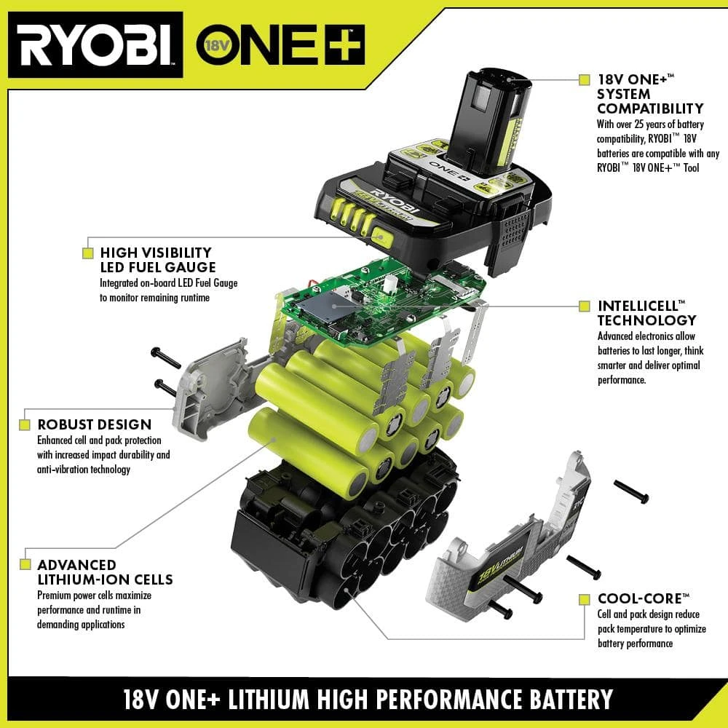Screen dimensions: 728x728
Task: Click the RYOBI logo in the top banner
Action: pyautogui.click(x=95, y=44)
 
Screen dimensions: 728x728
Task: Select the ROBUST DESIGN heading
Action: pyautogui.click(x=95, y=424)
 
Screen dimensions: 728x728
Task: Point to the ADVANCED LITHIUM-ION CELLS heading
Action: pyautogui.click(x=105, y=572)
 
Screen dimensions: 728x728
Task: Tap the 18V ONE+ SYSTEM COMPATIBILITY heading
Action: pyautogui.click(x=649, y=94)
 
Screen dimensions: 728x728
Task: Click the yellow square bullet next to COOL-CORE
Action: pyautogui.click(x=584, y=599)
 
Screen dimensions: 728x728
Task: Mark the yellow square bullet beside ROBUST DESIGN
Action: pyautogui.click(x=25, y=424)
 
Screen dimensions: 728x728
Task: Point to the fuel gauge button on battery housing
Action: pyautogui.click(x=381, y=234)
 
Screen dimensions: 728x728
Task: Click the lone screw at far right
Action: pyautogui.click(x=631, y=491)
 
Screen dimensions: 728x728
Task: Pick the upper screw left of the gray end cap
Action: pyautogui.click(x=166, y=357)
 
